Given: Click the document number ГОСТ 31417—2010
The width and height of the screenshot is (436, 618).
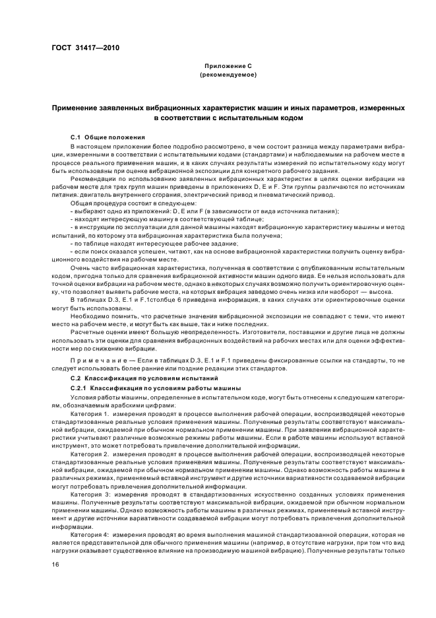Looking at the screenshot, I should click(x=85, y=48).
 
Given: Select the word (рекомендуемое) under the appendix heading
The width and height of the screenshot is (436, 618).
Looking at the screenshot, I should click(x=218, y=76).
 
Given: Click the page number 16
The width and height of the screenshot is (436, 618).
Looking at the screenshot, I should click(x=55, y=564).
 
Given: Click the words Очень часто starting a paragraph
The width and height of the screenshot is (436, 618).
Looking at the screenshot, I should click(x=88, y=268).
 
